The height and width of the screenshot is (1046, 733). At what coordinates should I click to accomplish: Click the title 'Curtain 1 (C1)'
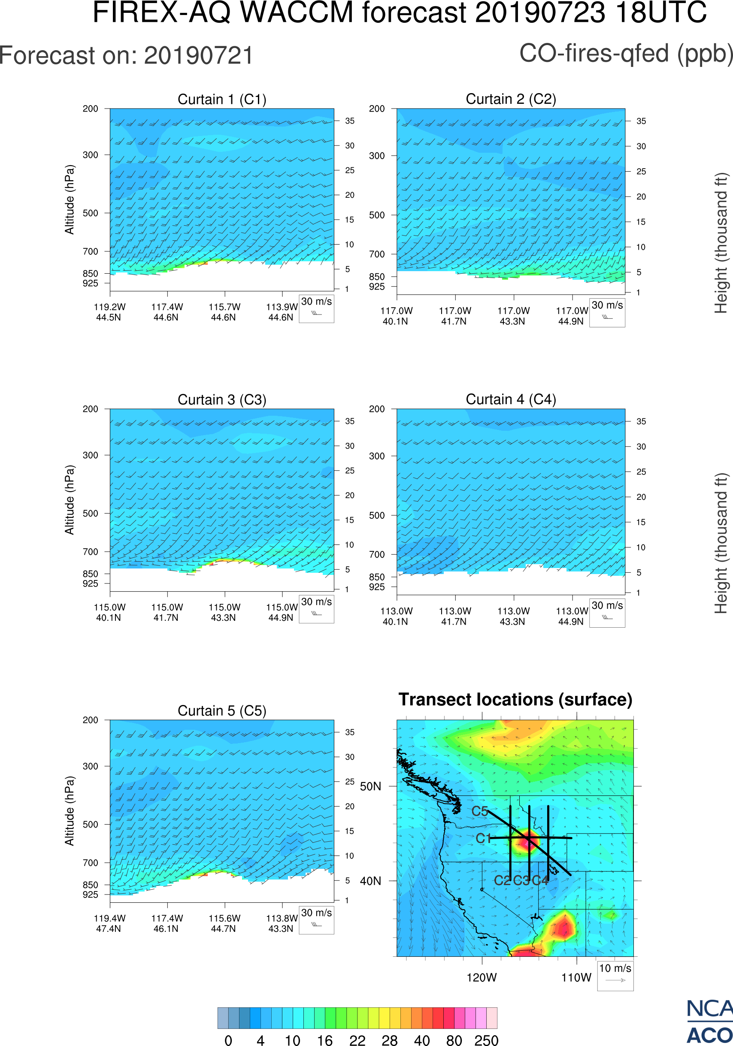(222, 99)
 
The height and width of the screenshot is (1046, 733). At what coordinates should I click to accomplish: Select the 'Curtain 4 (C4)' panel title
(510, 399)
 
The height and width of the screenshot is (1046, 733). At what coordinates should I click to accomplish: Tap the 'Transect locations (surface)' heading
(515, 699)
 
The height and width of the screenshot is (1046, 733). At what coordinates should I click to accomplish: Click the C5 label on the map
(479, 811)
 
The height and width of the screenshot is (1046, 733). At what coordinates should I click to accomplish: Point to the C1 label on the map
(483, 838)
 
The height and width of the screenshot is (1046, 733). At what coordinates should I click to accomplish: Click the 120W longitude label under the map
(482, 978)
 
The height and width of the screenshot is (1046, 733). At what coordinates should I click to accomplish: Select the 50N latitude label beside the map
(370, 786)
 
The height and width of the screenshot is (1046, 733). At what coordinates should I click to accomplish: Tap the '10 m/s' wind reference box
(615, 975)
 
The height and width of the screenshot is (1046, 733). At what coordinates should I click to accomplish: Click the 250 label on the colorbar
(486, 1040)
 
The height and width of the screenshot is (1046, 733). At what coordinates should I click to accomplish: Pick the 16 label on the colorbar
(324, 1040)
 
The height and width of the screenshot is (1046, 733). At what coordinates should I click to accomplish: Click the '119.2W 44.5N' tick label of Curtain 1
(109, 312)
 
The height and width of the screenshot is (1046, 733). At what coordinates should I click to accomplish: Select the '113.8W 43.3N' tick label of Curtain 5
(281, 923)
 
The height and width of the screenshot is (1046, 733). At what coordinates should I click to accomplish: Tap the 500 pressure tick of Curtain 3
(90, 514)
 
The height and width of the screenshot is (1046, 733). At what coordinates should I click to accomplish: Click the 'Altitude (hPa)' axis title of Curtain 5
(69, 811)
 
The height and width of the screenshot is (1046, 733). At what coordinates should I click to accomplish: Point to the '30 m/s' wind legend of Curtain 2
(607, 312)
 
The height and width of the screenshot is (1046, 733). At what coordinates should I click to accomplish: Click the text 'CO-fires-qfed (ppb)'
(626, 54)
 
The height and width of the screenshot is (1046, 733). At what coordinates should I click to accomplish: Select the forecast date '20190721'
(198, 56)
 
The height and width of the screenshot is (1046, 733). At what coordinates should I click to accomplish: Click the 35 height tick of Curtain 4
(641, 421)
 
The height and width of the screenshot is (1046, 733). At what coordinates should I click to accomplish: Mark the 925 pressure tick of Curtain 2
(377, 287)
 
